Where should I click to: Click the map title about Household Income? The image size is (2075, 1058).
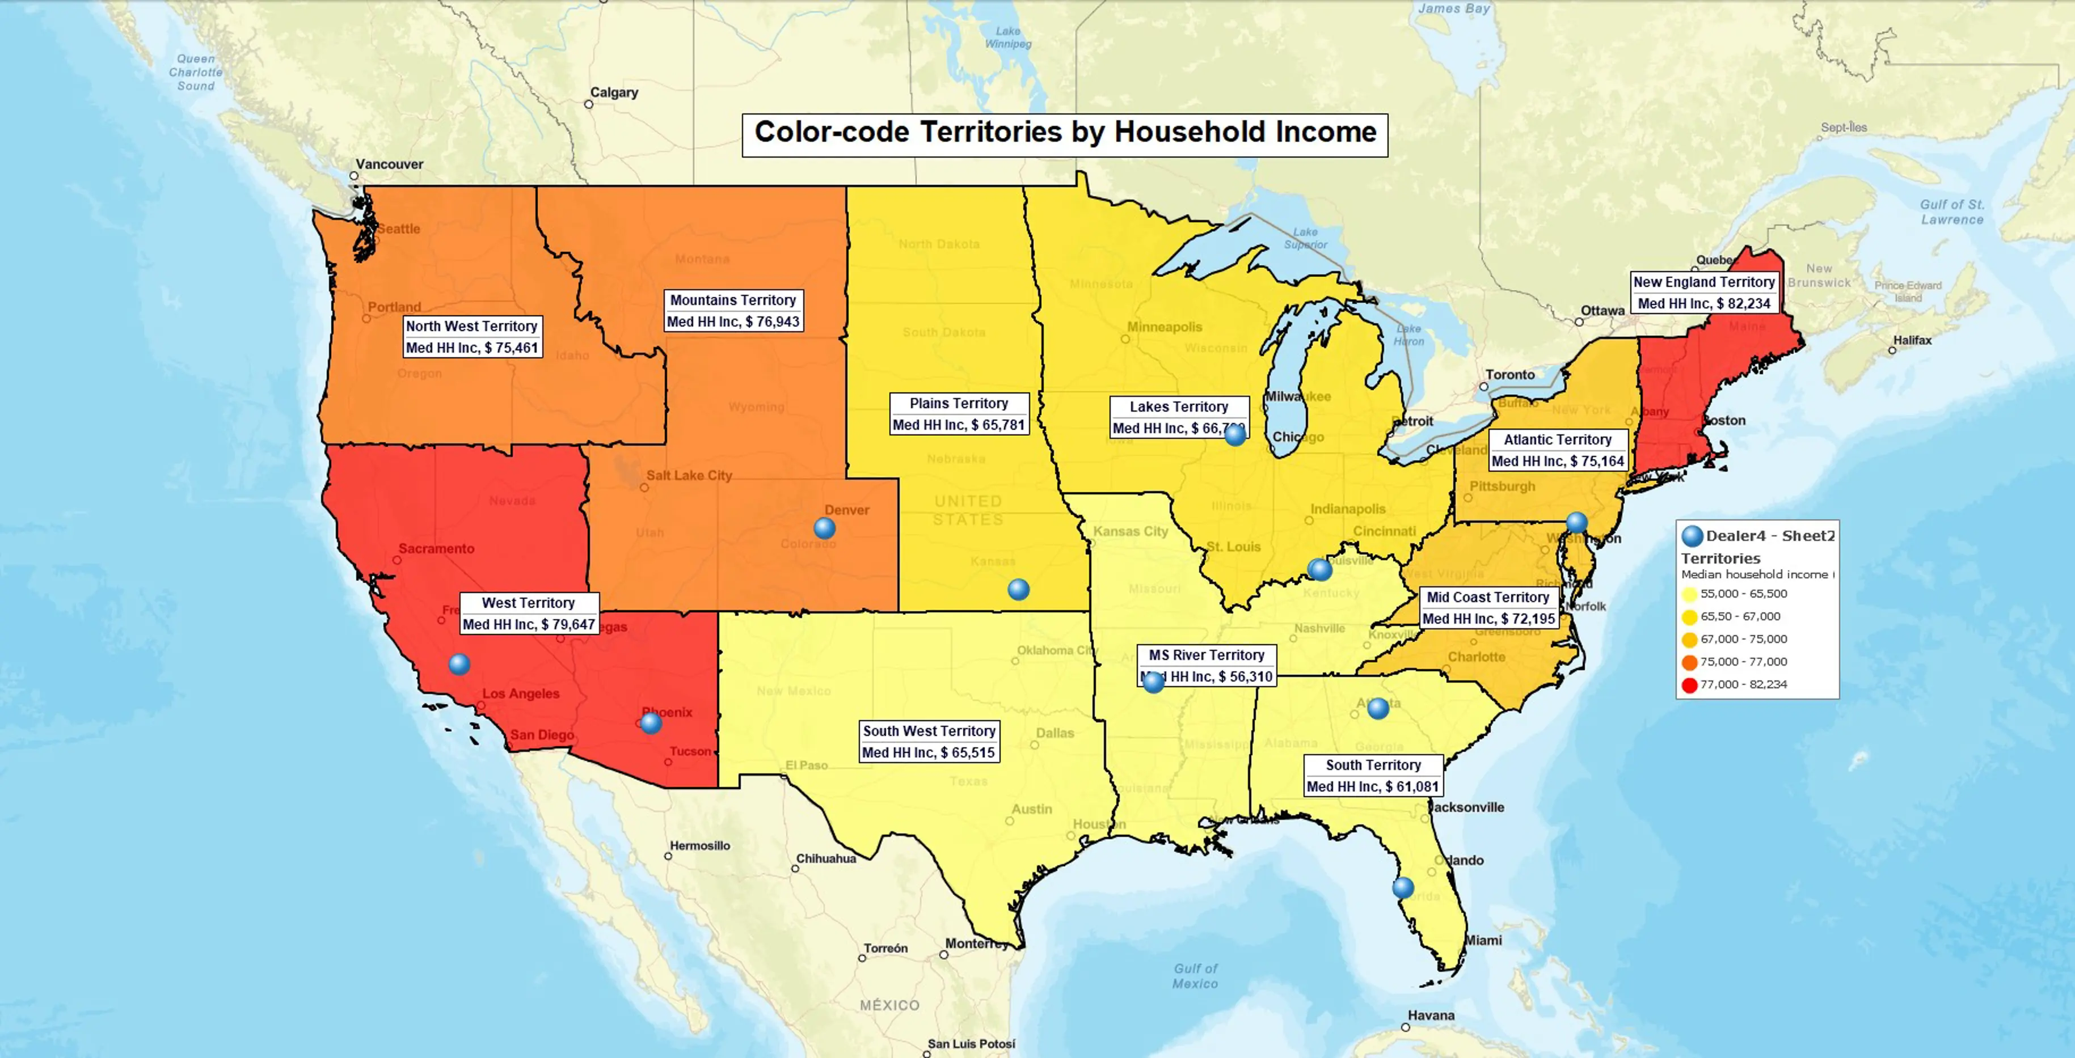tap(1064, 133)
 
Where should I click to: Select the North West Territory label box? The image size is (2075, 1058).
tap(471, 337)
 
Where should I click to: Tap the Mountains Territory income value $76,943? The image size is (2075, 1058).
tap(733, 321)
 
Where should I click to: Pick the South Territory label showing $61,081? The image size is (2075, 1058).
tap(1373, 776)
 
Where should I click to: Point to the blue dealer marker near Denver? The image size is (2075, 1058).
tap(824, 528)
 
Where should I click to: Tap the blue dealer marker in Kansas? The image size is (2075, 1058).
tap(1018, 590)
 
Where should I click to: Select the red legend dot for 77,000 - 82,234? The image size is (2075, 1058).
tap(1689, 685)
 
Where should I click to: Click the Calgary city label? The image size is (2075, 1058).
tap(614, 92)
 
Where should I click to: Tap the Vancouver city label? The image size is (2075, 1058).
tap(389, 164)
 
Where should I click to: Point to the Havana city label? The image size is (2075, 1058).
tap(1431, 1015)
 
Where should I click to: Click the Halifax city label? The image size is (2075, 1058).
tap(1912, 341)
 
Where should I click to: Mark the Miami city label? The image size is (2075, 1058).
tap(1483, 941)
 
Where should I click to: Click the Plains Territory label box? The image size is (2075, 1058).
tap(959, 414)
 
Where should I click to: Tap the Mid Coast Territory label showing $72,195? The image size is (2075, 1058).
tap(1488, 608)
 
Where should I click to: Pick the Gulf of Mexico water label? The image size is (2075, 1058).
tap(1195, 976)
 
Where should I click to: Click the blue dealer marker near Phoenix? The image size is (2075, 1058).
tap(651, 722)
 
